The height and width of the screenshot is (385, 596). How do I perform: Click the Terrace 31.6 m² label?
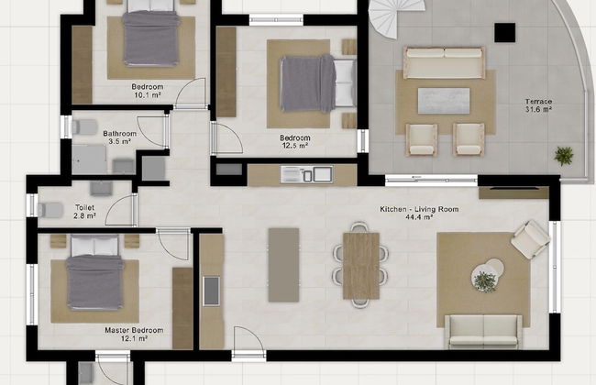coord(538,105)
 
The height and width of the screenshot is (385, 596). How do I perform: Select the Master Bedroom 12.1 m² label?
coord(134,335)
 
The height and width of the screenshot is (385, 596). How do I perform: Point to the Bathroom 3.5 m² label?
coord(120,137)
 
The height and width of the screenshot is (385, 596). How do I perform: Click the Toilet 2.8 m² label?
coord(84,212)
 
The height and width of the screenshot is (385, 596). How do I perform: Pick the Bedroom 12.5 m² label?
coord(295,141)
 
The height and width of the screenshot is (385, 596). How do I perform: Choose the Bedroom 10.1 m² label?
coord(148,91)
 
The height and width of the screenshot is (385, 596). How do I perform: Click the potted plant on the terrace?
coord(563,156)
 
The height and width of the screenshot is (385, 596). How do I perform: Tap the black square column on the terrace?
coord(505,32)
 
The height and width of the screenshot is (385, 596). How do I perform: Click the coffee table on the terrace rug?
coord(444,101)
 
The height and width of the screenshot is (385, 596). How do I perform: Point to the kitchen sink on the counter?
coord(307,174)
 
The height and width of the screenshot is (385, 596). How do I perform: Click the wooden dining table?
coord(361,266)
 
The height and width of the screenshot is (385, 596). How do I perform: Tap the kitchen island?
coord(283,265)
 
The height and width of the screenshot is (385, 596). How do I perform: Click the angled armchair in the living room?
coord(530,239)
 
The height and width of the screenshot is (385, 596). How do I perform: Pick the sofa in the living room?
coord(483,332)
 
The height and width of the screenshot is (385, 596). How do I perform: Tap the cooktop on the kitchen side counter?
coord(211,291)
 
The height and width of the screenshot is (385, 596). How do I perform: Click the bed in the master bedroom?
coord(95,272)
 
